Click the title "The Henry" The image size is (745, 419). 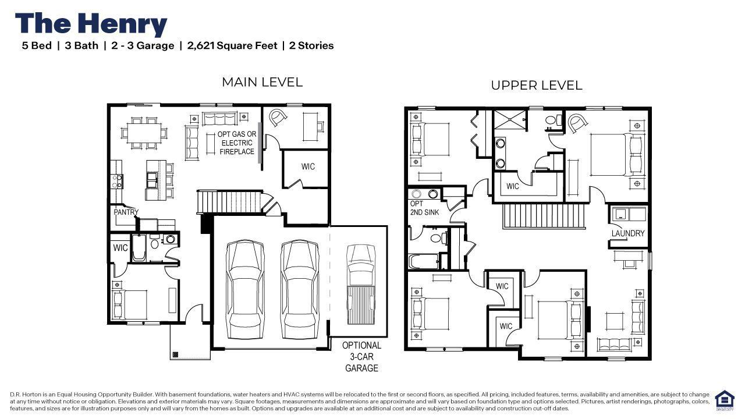pyautogui.click(x=91, y=24)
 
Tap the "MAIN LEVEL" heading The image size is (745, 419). pyautogui.click(x=262, y=82)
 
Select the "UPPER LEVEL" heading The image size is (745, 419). pyautogui.click(x=537, y=86)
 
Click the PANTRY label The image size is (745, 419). pyautogui.click(x=126, y=212)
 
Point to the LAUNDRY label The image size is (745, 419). pyautogui.click(x=628, y=233)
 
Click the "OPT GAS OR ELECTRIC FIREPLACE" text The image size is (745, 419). pyautogui.click(x=237, y=143)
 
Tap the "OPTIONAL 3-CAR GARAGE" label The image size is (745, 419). pyautogui.click(x=361, y=357)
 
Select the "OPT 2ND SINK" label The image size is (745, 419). pyautogui.click(x=424, y=208)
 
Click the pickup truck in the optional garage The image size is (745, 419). pyautogui.click(x=361, y=285)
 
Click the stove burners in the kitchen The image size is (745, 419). pyautogui.click(x=117, y=181)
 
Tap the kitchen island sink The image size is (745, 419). pyautogui.click(x=152, y=180)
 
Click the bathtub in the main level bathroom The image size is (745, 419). pyautogui.click(x=139, y=248)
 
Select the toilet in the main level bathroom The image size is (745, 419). pyautogui.click(x=154, y=242)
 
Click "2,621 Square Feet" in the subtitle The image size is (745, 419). pyautogui.click(x=232, y=45)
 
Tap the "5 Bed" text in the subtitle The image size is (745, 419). pyautogui.click(x=37, y=45)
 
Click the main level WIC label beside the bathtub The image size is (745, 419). pyautogui.click(x=120, y=248)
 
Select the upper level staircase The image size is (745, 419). pyautogui.click(x=544, y=215)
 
